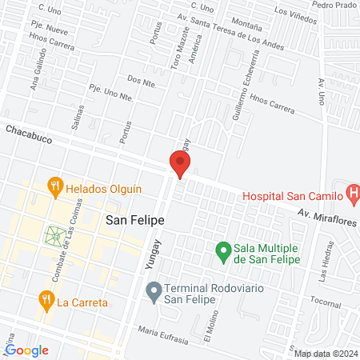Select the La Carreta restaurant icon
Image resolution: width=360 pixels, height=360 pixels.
pos(46,300)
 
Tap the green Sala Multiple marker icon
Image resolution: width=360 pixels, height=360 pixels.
pos(225,252)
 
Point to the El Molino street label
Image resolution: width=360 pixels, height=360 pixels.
pos(210,326)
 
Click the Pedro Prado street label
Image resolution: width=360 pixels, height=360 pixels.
pos(334,4)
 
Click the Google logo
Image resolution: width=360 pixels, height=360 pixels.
pos(26,350)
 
